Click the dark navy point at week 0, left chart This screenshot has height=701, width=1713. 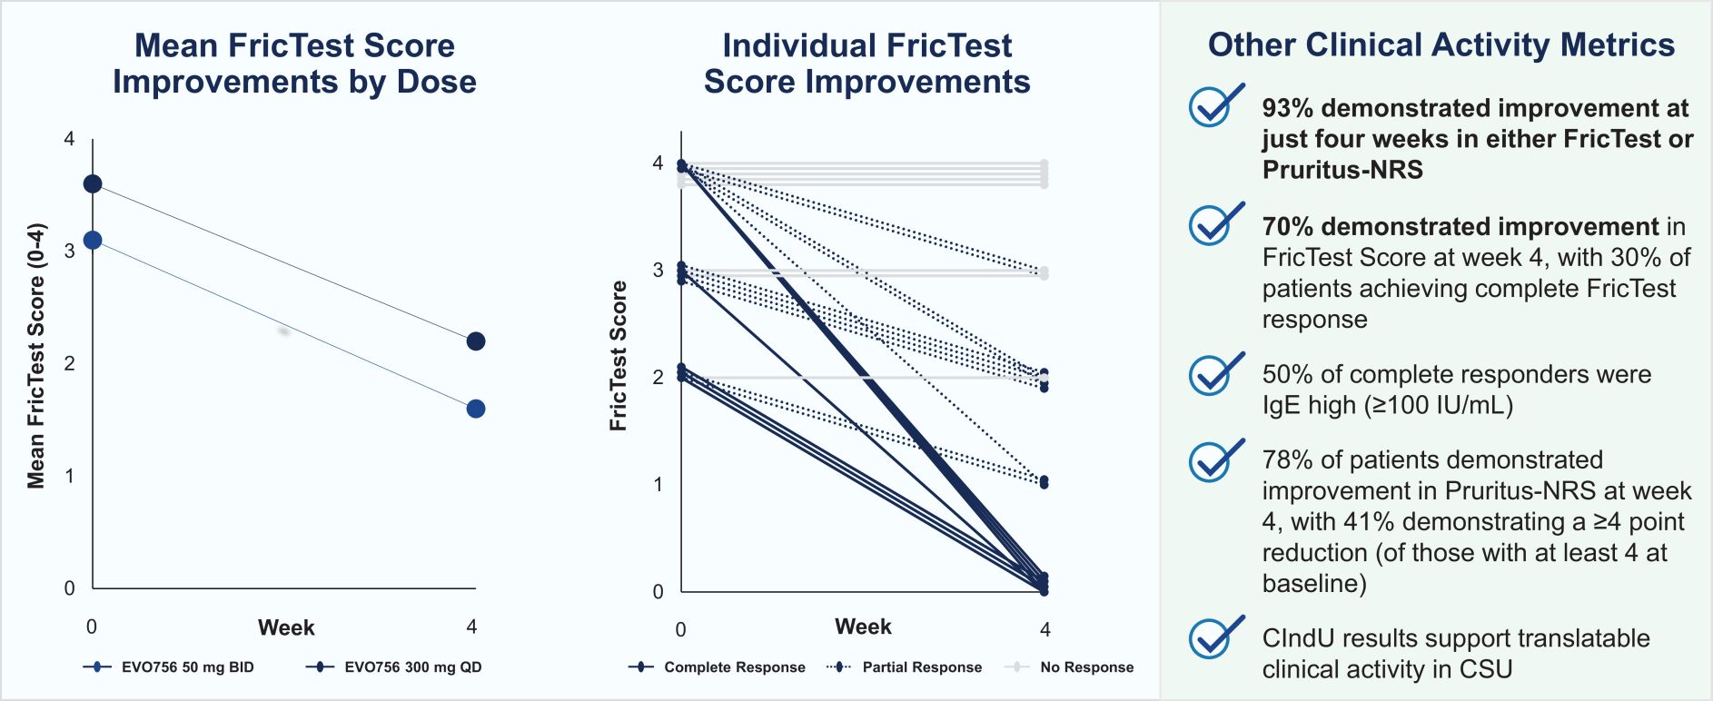click(93, 184)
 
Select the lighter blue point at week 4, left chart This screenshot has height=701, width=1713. click(475, 409)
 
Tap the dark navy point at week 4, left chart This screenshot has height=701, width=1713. click(475, 341)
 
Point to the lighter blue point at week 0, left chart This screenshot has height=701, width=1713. click(93, 241)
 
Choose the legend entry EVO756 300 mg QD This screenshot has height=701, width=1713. click(394, 667)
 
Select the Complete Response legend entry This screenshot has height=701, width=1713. click(717, 667)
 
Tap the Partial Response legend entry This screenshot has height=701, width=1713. click(905, 667)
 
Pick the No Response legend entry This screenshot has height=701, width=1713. click(1069, 667)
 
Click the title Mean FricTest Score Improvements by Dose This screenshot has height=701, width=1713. click(294, 64)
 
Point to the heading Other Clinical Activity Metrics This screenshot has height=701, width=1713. click(1441, 45)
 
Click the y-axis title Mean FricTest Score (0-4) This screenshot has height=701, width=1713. click(36, 356)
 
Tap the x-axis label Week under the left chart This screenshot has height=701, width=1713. click(286, 627)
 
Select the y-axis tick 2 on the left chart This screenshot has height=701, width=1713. click(69, 363)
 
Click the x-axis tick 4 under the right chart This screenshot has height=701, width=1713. click(1045, 629)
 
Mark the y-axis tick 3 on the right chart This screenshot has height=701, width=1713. click(658, 270)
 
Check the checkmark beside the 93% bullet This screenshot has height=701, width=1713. click(1214, 107)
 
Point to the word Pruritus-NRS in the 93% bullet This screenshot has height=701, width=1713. click(1342, 170)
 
